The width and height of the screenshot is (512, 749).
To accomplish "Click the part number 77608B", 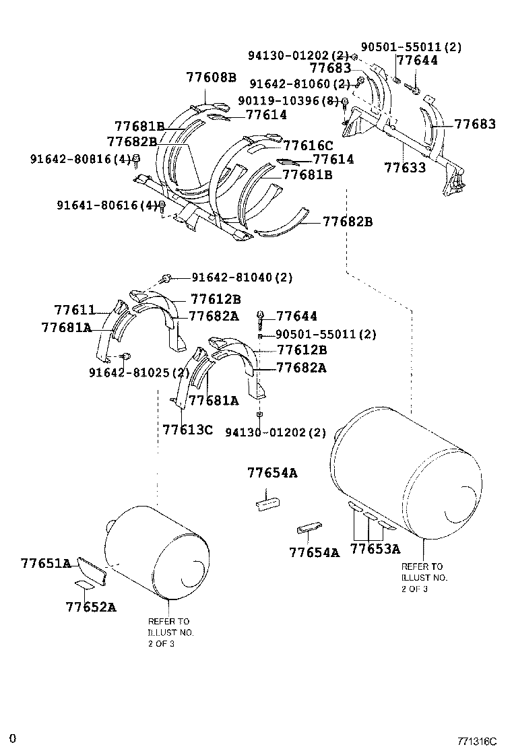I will tap(211, 77).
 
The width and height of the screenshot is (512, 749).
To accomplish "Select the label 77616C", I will tap(308, 145).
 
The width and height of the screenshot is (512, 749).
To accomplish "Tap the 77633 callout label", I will tap(405, 168).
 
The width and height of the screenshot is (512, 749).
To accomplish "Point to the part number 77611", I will tap(75, 310).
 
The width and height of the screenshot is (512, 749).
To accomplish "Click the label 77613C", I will tap(188, 429).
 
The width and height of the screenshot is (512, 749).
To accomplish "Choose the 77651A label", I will tap(45, 563).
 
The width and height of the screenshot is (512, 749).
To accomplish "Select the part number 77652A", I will tap(91, 607).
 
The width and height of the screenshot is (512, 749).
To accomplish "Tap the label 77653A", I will tap(375, 549).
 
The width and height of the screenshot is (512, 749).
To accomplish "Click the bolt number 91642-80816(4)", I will tap(79, 159).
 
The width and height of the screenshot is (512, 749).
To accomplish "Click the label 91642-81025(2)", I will tap(139, 372).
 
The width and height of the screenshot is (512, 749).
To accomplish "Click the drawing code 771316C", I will tap(476, 741).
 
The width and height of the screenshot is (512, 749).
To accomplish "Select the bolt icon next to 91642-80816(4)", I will tap(135, 160).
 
